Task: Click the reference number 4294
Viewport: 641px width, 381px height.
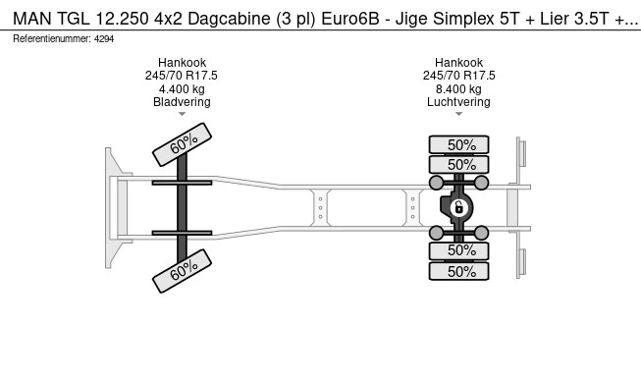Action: (x=104, y=39)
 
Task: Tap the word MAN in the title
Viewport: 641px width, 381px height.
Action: (x=32, y=19)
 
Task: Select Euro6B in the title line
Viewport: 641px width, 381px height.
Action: (x=350, y=19)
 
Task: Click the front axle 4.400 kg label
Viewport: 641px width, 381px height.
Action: (x=182, y=88)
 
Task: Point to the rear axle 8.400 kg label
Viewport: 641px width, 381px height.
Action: (x=458, y=88)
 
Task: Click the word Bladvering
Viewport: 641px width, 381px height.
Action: (x=182, y=102)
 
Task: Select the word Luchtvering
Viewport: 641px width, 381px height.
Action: (x=458, y=102)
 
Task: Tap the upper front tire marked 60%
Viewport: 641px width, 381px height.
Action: (x=182, y=144)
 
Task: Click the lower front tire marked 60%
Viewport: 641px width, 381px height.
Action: (x=182, y=271)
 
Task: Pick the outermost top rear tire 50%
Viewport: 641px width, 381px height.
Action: (x=458, y=144)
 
